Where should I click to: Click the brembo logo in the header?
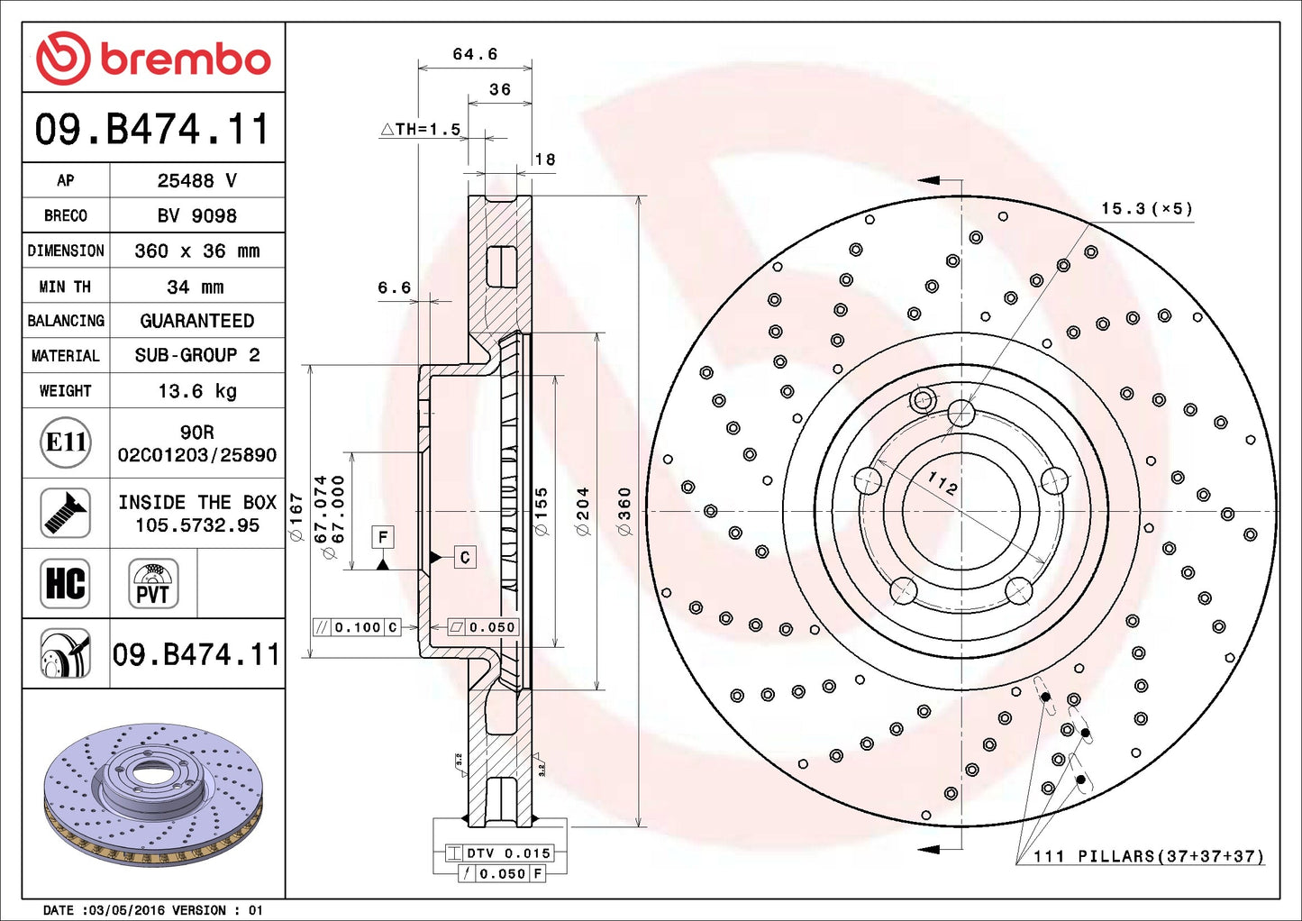pos(153,59)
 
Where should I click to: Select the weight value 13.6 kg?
pos(196,391)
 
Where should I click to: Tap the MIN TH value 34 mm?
pos(196,287)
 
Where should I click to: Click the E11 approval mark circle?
pos(66,442)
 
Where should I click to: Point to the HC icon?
pos(66,583)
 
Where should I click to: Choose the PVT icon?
pos(153,583)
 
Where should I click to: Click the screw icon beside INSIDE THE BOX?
pos(66,513)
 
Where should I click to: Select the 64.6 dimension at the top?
pos(475,55)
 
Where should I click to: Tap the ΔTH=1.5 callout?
pos(421,130)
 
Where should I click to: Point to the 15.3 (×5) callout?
pos(1146,209)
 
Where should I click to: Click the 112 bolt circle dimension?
pos(942,484)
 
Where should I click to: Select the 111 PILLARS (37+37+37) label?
pos(1149,856)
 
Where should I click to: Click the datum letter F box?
pos(383,537)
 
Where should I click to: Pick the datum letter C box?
pos(465,558)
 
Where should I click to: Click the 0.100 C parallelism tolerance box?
pos(356,627)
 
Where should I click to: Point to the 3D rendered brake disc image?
pos(153,793)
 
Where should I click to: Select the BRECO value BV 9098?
pos(196,216)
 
